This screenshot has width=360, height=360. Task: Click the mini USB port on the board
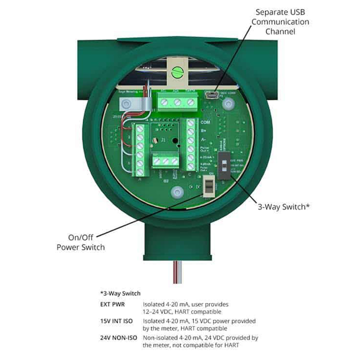[211, 93]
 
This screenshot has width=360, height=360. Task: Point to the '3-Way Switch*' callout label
[280, 205]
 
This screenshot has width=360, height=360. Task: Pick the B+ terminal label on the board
[203, 131]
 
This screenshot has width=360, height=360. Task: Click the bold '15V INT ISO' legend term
[117, 320]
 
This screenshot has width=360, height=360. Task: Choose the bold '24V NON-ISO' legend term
[118, 337]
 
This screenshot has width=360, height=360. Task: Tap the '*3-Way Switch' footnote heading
[120, 293]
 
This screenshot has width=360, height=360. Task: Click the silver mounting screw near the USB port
[228, 103]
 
